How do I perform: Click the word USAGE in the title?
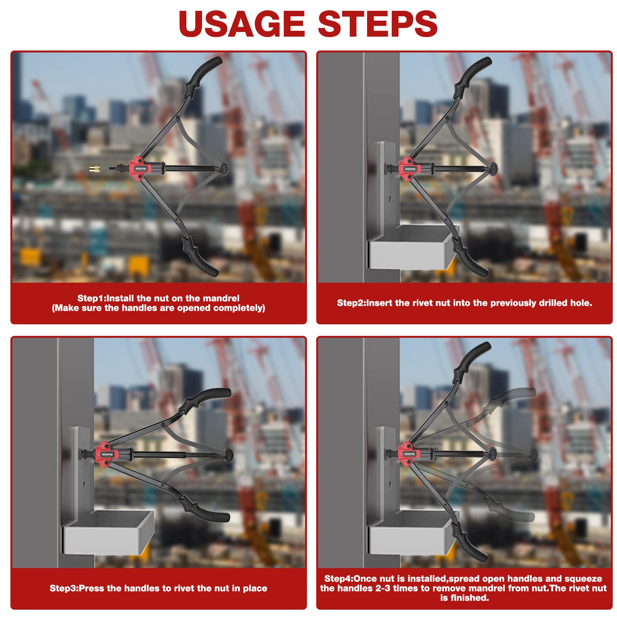(242, 24)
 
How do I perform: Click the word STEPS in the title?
(378, 24)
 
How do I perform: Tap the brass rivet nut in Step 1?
(94, 169)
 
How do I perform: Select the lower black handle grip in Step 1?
(200, 256)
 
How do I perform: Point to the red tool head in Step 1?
(140, 169)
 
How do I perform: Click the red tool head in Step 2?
(409, 169)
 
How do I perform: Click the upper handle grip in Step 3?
(205, 399)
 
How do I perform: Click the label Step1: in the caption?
(92, 298)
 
